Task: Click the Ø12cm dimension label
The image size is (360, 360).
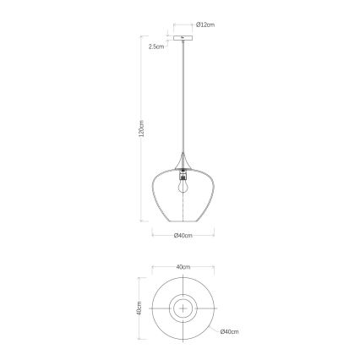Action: tap(206, 25)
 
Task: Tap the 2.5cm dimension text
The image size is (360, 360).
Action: tap(155, 47)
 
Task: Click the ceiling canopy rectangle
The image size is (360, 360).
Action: tap(183, 38)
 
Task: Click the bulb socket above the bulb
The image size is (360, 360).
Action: tap(183, 174)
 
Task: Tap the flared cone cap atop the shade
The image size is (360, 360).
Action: tap(183, 163)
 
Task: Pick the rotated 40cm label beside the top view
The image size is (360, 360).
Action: tap(138, 309)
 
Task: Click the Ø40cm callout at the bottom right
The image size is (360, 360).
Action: tap(228, 332)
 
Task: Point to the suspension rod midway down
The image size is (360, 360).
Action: tap(183, 101)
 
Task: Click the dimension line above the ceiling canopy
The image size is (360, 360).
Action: tap(183, 25)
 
